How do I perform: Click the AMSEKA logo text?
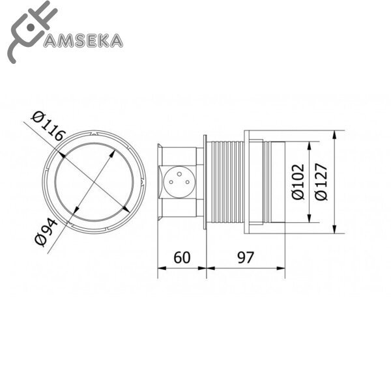click(81, 40)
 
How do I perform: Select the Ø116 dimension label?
click(50, 126)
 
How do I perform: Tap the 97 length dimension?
click(245, 257)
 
